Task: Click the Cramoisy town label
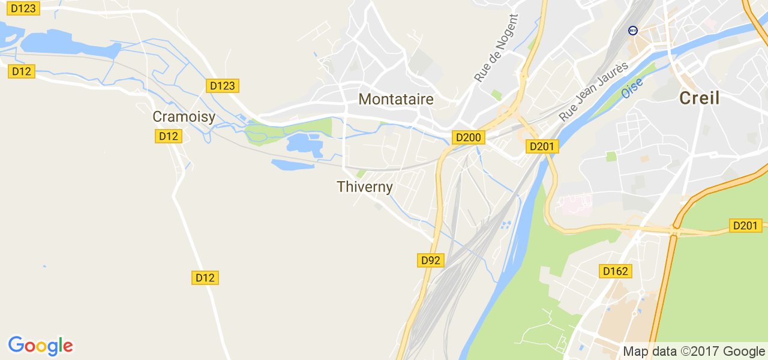click(x=184, y=117)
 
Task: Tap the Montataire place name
click(x=396, y=99)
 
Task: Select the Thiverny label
click(x=365, y=187)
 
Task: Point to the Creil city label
click(x=699, y=98)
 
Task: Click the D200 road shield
click(x=468, y=137)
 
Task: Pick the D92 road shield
click(x=431, y=260)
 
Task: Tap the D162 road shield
click(x=615, y=271)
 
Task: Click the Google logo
click(x=40, y=346)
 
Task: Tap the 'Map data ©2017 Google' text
click(x=694, y=351)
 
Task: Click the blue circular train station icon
click(x=632, y=30)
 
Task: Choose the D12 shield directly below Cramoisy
click(x=169, y=136)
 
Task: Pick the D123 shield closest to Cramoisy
click(x=223, y=86)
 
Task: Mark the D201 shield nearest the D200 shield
click(x=543, y=146)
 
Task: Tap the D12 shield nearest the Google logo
click(x=205, y=278)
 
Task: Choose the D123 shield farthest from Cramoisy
click(x=23, y=8)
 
